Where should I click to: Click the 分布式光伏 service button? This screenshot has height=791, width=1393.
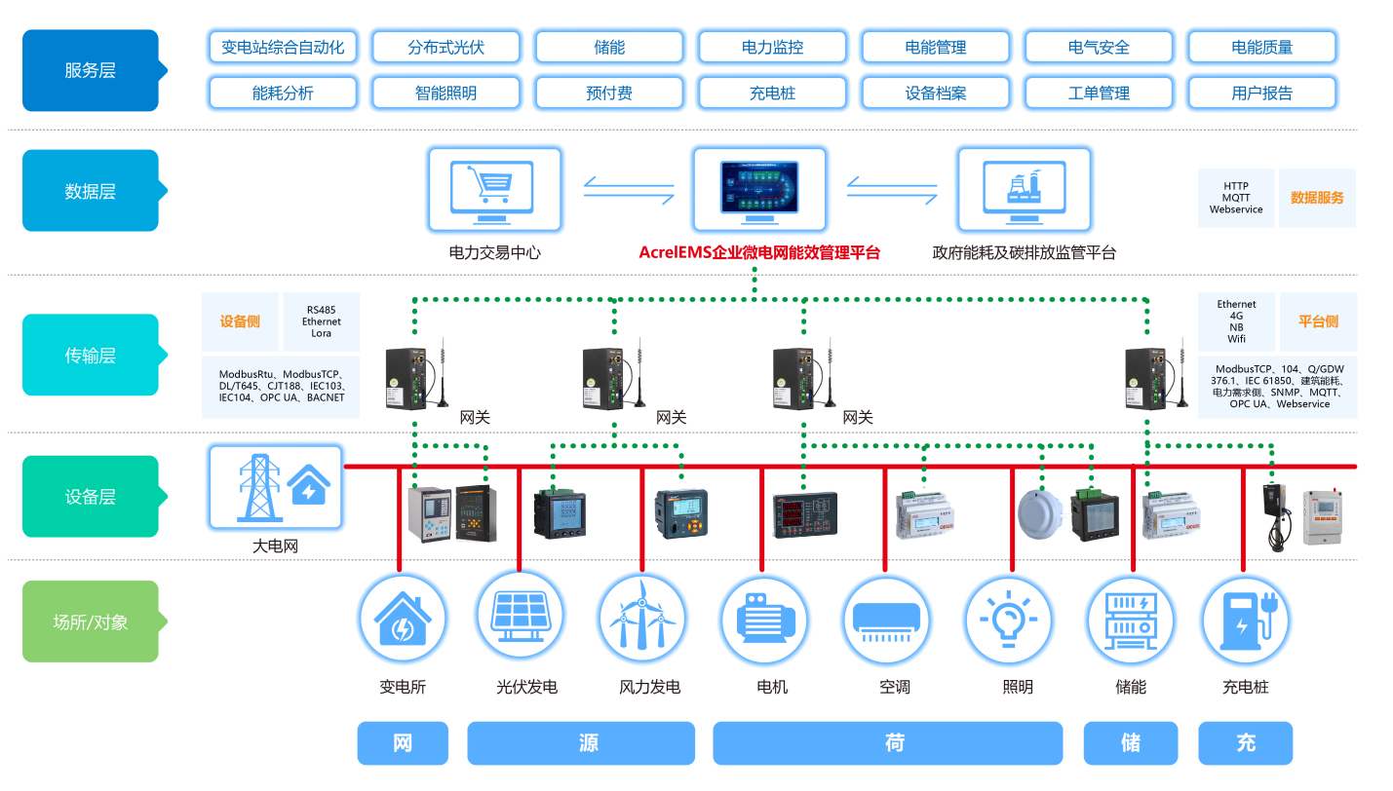pyautogui.click(x=445, y=47)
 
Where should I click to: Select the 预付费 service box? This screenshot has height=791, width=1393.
pyautogui.click(x=608, y=94)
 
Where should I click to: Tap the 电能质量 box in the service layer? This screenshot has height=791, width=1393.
pyautogui.click(x=1261, y=47)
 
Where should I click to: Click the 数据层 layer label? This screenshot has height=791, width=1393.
pyautogui.click(x=91, y=191)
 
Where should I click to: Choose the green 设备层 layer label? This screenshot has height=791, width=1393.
pyautogui.click(x=91, y=497)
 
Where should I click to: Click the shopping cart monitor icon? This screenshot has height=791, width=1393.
pyautogui.click(x=494, y=188)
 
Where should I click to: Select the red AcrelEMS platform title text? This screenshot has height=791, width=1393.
pyautogui.click(x=759, y=252)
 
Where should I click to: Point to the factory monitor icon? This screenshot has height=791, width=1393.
pyautogui.click(x=1024, y=188)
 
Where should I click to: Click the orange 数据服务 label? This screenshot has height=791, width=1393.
pyautogui.click(x=1316, y=198)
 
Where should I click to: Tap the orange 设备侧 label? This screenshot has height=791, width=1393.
pyautogui.click(x=240, y=321)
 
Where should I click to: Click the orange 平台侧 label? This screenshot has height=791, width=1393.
pyautogui.click(x=1317, y=321)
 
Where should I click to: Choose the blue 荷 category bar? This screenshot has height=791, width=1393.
pyautogui.click(x=887, y=743)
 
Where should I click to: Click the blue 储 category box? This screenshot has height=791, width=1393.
pyautogui.click(x=1130, y=743)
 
